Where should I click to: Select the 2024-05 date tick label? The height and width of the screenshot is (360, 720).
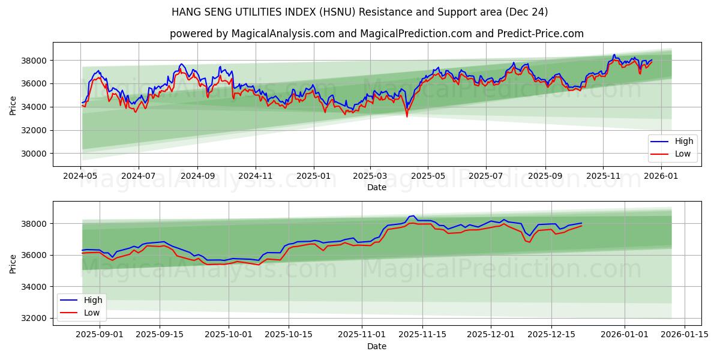(80, 176)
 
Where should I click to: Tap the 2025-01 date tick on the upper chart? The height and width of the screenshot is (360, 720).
(314, 176)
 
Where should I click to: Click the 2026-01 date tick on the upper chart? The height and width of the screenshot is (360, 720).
(661, 176)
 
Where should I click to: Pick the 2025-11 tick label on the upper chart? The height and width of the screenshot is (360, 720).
(603, 176)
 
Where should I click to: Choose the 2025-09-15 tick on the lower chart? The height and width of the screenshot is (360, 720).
(160, 335)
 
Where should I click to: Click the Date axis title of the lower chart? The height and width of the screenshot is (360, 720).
(377, 346)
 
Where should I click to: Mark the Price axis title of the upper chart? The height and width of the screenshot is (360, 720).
(13, 105)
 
